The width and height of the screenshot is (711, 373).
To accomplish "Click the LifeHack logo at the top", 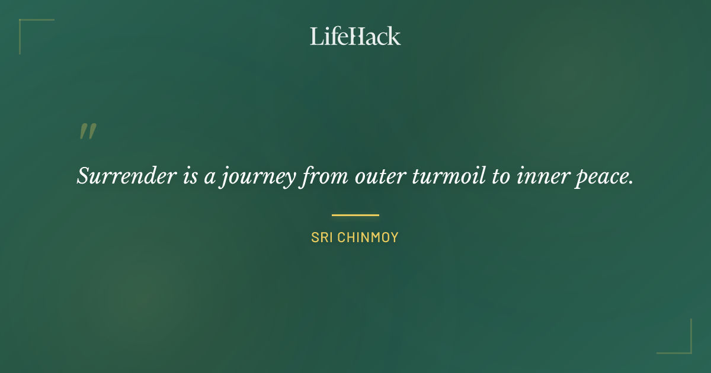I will click(355, 36).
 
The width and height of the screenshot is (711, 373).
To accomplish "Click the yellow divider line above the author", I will click(355, 215).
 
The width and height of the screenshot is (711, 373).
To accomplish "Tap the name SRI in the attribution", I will click(322, 238).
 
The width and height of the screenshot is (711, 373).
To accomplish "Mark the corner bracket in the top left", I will click(24, 24).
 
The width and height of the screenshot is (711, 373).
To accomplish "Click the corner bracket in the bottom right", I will click(687, 349).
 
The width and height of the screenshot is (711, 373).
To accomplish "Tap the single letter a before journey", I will click(209, 176).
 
